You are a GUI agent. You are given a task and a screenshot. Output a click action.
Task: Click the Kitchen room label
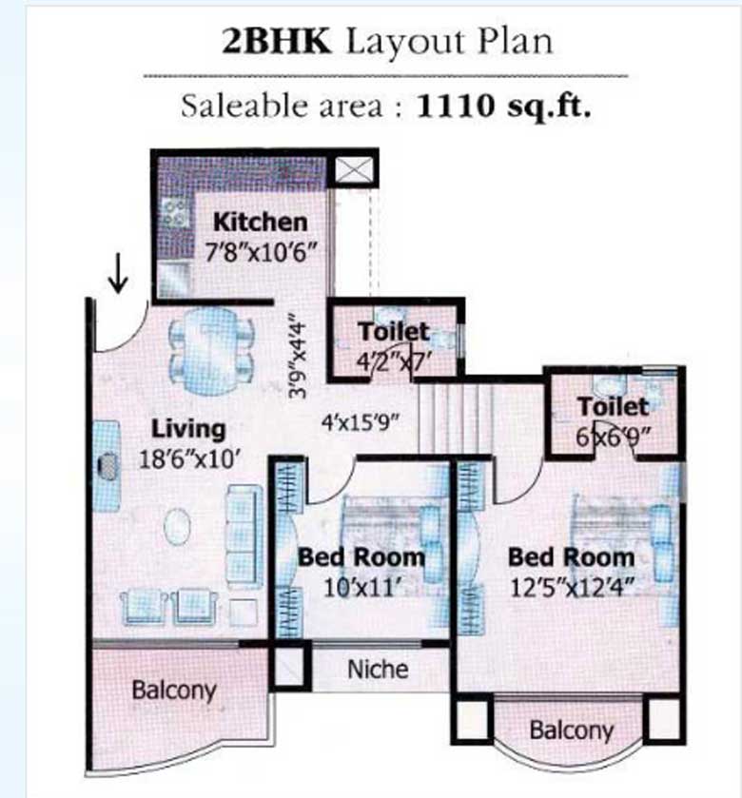(260, 223)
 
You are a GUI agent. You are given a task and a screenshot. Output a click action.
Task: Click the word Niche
(378, 669)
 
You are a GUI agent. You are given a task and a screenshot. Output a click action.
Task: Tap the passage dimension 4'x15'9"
(358, 418)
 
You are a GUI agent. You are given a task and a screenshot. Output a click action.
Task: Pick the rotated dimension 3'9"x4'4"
(301, 356)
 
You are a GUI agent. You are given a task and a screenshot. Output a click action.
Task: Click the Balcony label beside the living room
(174, 690)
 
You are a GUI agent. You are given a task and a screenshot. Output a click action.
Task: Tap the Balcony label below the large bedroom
(571, 730)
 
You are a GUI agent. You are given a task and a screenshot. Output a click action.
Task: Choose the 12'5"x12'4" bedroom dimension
(571, 589)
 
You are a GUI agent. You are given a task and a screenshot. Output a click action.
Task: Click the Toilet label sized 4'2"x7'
(394, 333)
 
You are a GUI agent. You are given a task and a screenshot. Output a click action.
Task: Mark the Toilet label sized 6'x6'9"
(614, 406)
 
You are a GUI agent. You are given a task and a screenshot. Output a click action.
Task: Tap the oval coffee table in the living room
(178, 526)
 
